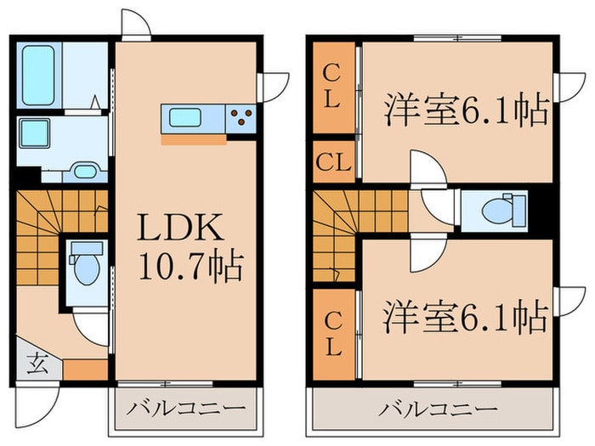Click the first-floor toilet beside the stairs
pyautogui.click(x=85, y=266)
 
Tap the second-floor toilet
pyautogui.click(x=504, y=208)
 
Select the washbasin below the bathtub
pyautogui.click(x=84, y=171)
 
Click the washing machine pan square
pyautogui.click(x=35, y=134)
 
